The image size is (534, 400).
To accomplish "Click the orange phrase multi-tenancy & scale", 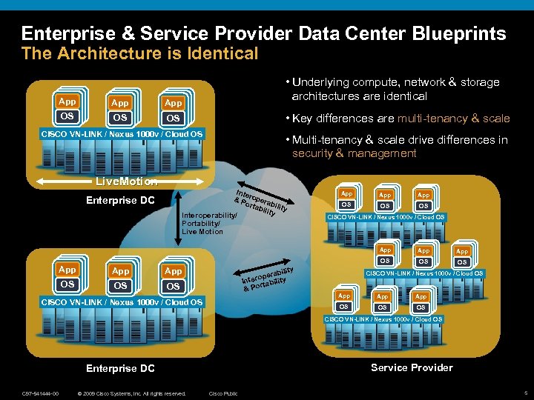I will point(453,119).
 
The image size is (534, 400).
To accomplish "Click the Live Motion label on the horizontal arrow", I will point(127,181).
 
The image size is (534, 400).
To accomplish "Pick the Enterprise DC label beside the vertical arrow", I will point(120,200).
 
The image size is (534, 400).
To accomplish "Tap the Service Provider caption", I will point(412,367).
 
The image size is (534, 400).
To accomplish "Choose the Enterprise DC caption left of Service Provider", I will point(120,368).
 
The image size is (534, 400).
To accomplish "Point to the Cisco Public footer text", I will point(223,393).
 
